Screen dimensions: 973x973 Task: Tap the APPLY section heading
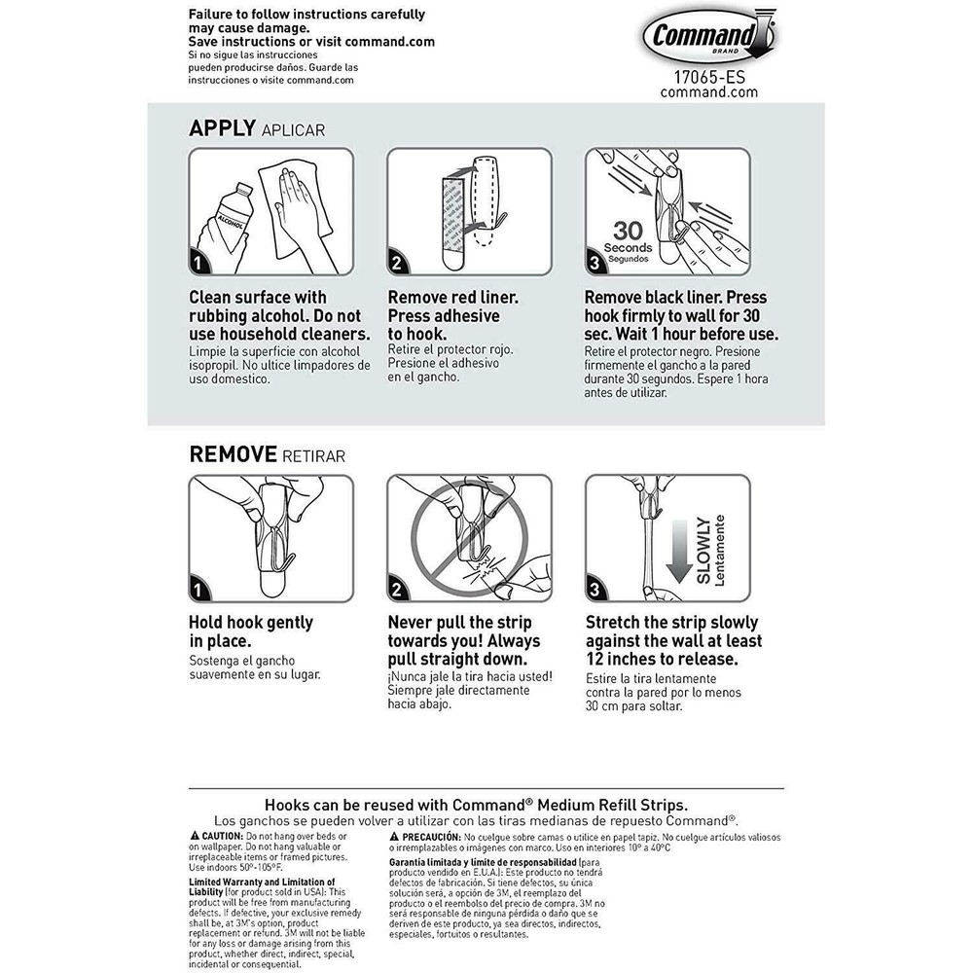coord(222,128)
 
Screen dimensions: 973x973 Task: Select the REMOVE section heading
coord(233,453)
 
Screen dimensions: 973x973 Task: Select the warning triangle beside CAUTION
coord(195,837)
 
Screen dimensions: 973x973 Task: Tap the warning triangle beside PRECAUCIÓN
coord(394,837)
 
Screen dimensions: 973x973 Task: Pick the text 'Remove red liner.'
coord(452,298)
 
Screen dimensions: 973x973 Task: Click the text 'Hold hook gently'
coord(251,623)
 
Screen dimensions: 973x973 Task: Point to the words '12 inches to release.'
coord(661,660)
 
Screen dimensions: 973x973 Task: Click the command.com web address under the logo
coord(708,91)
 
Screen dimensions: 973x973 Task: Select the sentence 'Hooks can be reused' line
coord(476,805)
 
